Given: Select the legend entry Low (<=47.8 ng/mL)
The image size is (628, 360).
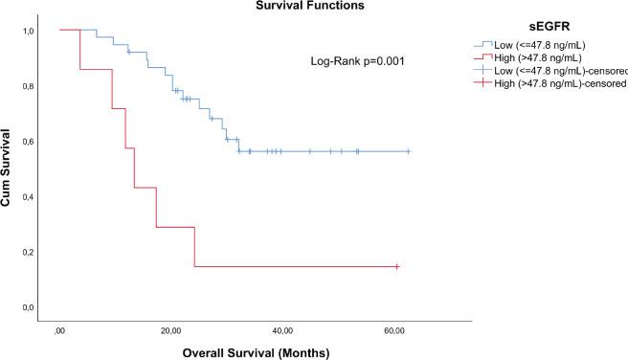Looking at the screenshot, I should point(537,44).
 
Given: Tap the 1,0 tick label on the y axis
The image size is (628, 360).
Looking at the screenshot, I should point(29,31).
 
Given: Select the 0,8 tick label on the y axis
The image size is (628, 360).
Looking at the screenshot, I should point(29,86).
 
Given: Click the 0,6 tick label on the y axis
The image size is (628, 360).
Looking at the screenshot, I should point(29,142).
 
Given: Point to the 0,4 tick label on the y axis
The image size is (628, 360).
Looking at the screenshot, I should point(29,197).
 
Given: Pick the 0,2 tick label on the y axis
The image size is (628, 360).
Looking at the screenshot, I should point(29,252).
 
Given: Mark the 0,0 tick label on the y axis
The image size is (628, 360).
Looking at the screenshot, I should point(29,307).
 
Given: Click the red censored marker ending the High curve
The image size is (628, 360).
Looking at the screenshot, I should point(396,266).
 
